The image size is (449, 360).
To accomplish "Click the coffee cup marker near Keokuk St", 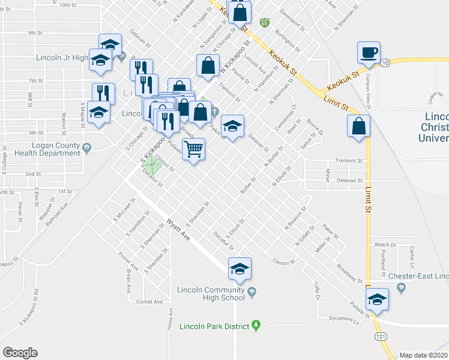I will pyautogui.click(x=368, y=52).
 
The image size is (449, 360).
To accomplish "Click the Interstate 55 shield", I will pyautogui.click(x=264, y=22).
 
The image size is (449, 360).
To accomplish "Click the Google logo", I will pyautogui.click(x=20, y=353).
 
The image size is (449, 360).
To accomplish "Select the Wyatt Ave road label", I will pyautogui.click(x=179, y=229).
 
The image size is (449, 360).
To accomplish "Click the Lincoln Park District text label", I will pyautogui.click(x=218, y=325).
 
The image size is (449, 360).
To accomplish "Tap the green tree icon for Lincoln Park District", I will pyautogui.click(x=256, y=325).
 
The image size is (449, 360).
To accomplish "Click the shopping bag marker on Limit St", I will pyautogui.click(x=358, y=127).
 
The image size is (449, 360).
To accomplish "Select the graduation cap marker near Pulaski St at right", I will pyautogui.click(x=377, y=299).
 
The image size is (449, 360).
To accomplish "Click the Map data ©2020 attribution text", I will pyautogui.click(x=424, y=355).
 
